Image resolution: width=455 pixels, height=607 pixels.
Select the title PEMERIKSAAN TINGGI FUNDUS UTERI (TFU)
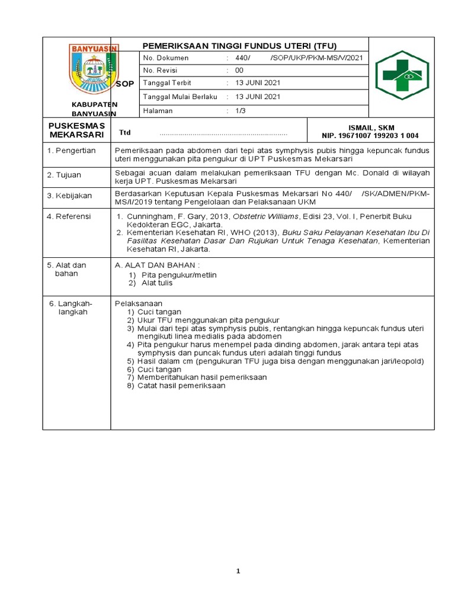[240, 46]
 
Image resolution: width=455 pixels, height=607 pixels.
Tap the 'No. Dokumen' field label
[166, 58]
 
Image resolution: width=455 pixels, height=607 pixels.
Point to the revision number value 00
[240, 71]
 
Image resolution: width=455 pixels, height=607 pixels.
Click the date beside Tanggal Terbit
[258, 83]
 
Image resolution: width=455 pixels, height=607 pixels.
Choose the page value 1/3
[240, 111]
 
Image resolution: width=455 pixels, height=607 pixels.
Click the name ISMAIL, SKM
[372, 127]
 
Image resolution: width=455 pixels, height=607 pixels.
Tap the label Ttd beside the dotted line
[124, 133]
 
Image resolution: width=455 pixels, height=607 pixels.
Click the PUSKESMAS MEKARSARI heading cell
[76, 130]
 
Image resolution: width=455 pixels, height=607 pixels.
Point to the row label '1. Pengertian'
[71, 151]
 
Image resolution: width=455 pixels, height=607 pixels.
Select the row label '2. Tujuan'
[65, 175]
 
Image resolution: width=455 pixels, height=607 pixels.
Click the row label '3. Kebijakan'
[69, 196]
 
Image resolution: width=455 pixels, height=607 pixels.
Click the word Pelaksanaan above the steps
[139, 303]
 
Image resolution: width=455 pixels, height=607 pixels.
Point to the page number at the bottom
[238, 571]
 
